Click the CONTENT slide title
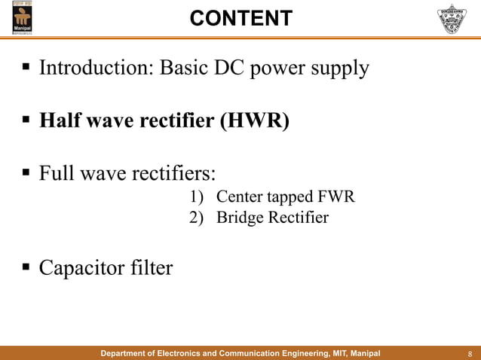pyautogui.click(x=240, y=18)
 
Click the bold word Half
pyautogui.click(x=59, y=121)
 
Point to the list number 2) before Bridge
pyautogui.click(x=195, y=218)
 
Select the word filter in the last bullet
pyautogui.click(x=150, y=267)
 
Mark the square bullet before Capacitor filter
pyautogui.click(x=25, y=268)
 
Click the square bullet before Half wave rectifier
pyautogui.click(x=25, y=121)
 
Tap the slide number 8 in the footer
pyautogui.click(x=470, y=352)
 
